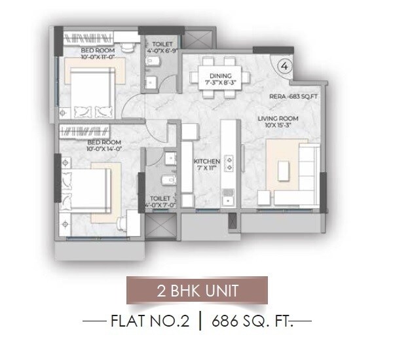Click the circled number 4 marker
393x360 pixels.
coord(284,65)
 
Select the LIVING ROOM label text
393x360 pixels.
coord(277,118)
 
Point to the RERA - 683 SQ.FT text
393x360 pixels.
coord(293,97)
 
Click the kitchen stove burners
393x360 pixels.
coord(229,162)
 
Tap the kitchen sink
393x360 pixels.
coord(229,195)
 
